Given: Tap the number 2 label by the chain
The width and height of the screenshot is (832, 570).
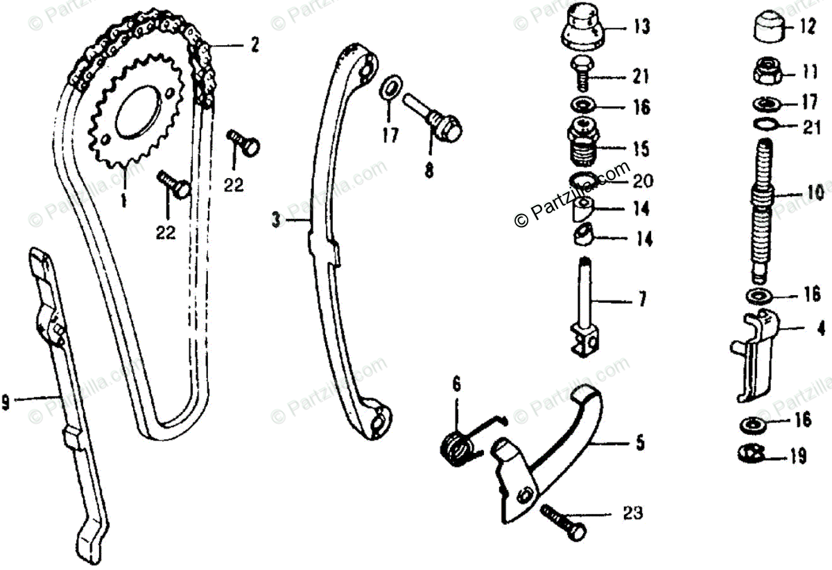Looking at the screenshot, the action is (x=254, y=46).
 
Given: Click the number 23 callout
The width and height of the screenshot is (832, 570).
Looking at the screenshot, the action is (x=633, y=513).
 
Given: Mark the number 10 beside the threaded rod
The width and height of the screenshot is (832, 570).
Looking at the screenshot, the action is (x=815, y=192).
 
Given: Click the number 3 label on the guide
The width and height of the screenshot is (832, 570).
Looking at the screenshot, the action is (x=275, y=221).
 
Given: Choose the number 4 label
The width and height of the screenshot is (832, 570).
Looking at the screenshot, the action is (x=820, y=328).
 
